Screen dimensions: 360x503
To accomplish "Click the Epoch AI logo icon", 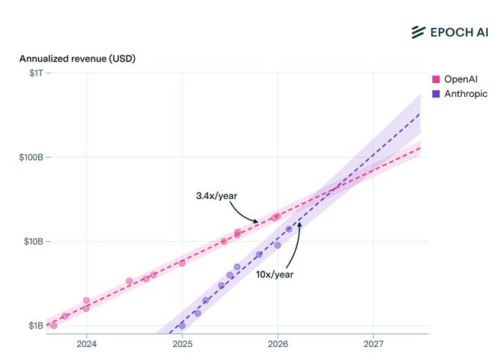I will pos(418,31).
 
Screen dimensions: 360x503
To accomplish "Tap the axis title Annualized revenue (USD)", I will pos(77,59).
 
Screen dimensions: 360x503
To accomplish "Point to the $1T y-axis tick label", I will pos(34,73).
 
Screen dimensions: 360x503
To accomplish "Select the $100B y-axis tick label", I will pos(30,157).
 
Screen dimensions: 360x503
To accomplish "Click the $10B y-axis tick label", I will pos(32,242).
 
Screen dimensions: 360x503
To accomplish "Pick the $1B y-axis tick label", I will pos(34,326).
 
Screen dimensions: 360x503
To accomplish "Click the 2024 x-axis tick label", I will pos(87,345).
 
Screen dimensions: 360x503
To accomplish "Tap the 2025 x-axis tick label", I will pos(182,345).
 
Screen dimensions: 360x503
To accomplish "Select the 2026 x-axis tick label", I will pos(278,345).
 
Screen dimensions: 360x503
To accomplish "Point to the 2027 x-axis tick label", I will pos(373,345).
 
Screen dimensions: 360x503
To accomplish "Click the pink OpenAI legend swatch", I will pos(436,79).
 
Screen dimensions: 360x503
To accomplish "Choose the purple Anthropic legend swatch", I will pos(436,94).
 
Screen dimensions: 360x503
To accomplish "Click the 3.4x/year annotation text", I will pos(217,196).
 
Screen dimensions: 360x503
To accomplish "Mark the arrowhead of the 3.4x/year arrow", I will pos(257,221).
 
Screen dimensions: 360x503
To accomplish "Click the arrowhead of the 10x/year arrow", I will pos(298,223).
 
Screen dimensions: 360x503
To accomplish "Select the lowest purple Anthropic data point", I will pos(182,326).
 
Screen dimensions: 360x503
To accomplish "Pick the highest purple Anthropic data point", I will pos(289,229).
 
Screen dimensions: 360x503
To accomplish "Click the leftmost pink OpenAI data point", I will pos(53,326).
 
